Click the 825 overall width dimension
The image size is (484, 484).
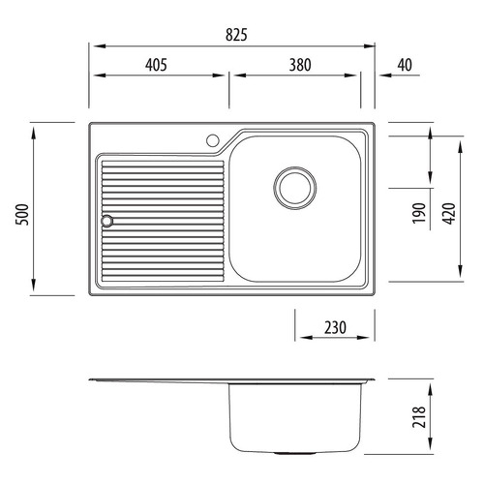[236, 35]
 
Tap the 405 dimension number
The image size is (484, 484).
[156, 65]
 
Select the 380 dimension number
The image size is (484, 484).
[300, 65]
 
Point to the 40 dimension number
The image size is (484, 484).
[405, 65]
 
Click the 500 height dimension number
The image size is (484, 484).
[23, 214]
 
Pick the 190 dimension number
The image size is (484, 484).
[419, 213]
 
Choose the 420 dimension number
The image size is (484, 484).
[449, 214]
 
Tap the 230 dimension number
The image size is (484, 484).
[335, 327]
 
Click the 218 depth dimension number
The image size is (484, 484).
[419, 417]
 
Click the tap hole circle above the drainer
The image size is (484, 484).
[213, 140]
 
